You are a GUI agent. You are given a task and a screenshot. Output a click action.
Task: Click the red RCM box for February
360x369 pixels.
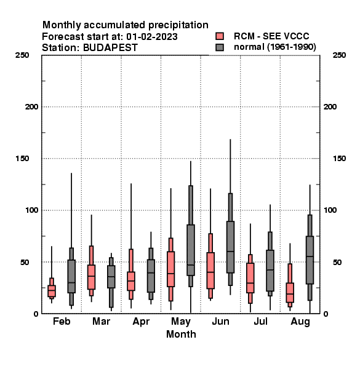52,291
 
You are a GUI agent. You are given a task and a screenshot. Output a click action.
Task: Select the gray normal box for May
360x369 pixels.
191,250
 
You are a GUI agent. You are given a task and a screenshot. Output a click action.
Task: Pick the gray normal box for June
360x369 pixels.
230,247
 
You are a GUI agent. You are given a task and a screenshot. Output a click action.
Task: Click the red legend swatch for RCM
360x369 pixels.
220,36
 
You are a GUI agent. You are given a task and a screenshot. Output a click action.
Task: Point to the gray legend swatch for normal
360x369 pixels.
220,47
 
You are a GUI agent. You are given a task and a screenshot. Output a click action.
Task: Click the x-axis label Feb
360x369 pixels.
62,321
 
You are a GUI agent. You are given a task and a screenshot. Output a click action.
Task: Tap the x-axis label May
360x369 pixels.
181,322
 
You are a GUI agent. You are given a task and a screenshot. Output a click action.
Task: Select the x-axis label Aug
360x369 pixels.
300,322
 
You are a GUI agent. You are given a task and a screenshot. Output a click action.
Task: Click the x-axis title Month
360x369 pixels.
181,334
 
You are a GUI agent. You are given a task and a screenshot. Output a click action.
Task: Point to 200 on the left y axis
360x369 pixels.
31,107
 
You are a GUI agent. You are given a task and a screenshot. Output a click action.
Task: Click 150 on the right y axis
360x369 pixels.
339,159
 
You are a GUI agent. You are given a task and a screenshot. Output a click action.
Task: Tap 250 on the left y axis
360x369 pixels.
22,55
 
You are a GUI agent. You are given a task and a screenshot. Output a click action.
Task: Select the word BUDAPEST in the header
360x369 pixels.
110,48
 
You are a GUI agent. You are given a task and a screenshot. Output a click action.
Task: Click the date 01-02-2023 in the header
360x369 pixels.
152,37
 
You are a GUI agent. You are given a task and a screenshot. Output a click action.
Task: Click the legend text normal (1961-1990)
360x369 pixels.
274,47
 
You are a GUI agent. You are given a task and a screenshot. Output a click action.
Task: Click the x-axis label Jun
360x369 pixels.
220,321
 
